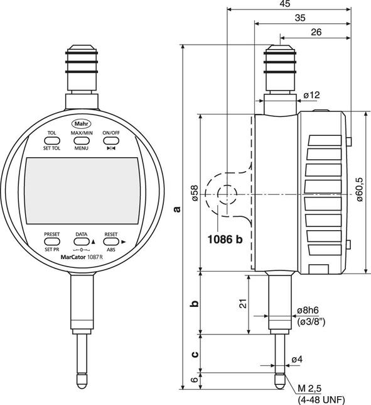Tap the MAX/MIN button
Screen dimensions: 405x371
point(82,141)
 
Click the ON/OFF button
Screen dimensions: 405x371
point(111,141)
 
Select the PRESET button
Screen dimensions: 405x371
point(51,241)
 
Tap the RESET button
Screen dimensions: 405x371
point(111,241)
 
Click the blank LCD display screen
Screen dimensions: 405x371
point(82,191)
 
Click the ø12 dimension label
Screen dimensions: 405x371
point(311,94)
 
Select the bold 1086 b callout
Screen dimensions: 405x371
point(223,239)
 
